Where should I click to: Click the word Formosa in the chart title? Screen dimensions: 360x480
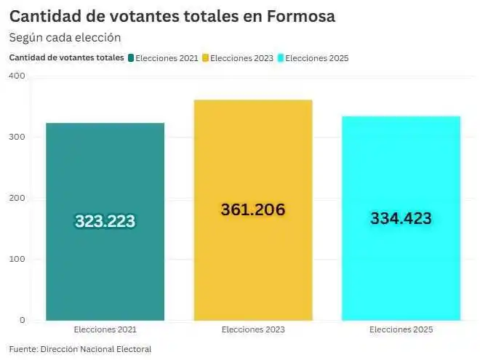pyautogui.click(x=300, y=16)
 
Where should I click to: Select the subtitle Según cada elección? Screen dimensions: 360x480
pyautogui.click(x=65, y=37)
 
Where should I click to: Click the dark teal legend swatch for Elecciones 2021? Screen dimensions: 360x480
pyautogui.click(x=131, y=57)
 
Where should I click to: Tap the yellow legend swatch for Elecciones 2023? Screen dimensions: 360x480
pyautogui.click(x=206, y=57)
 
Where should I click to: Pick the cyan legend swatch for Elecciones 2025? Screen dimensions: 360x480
pyautogui.click(x=281, y=57)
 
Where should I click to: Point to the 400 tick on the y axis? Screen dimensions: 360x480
pyautogui.click(x=17, y=76)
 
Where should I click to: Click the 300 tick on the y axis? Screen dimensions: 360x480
pyautogui.click(x=17, y=137)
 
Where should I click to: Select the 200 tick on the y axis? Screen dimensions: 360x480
pyautogui.click(x=17, y=198)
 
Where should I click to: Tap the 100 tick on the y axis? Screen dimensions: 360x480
pyautogui.click(x=17, y=259)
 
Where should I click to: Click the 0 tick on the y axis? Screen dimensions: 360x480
pyautogui.click(x=22, y=320)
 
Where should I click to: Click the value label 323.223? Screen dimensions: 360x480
pyautogui.click(x=105, y=222)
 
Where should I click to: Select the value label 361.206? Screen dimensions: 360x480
pyautogui.click(x=252, y=209)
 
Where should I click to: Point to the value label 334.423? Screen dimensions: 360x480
pyautogui.click(x=401, y=218)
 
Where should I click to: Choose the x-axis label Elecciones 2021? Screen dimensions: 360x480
pyautogui.click(x=105, y=330)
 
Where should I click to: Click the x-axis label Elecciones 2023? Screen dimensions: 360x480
pyautogui.click(x=252, y=330)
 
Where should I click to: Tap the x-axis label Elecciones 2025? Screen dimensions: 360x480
pyautogui.click(x=401, y=330)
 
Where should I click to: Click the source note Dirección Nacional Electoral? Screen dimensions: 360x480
pyautogui.click(x=96, y=349)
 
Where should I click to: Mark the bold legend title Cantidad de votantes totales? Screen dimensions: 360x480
pyautogui.click(x=65, y=57)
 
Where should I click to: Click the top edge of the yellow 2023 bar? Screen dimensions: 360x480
pyautogui.click(x=252, y=100)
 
